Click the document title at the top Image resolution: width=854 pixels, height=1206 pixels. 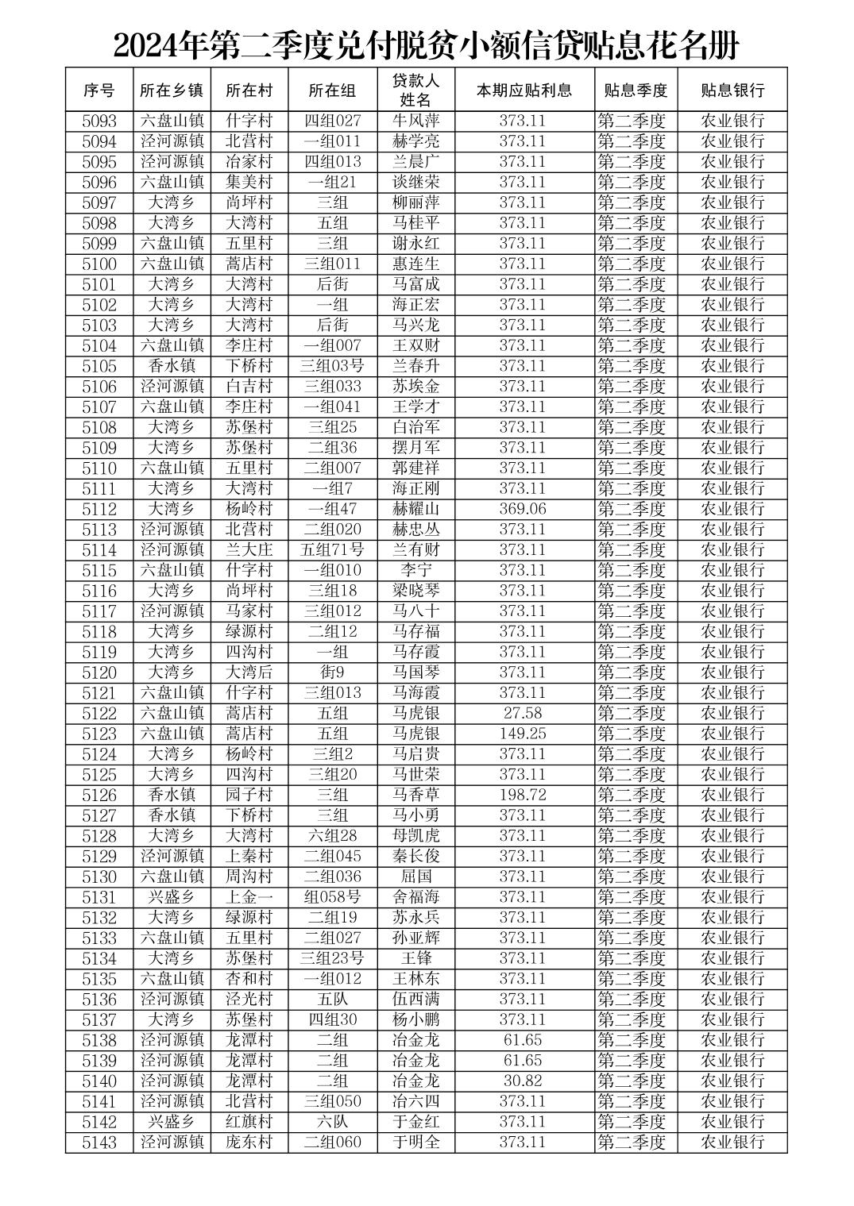pos(427,45)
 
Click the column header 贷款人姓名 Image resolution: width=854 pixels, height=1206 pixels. pos(415,90)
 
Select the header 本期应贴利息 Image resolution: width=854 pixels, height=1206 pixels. pos(524,90)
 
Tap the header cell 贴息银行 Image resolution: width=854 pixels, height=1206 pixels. pos(732,90)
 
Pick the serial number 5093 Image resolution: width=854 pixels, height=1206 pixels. pos(99,121)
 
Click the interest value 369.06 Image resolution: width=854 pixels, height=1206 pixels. pos(522,509)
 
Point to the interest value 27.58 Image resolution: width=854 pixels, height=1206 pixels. pos(522,713)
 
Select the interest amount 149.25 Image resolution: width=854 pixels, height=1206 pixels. pos(522,734)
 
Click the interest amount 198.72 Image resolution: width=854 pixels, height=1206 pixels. pos(522,795)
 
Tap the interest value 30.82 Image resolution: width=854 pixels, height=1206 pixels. pos(522,1081)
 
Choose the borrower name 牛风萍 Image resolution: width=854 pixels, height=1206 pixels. pos(415,121)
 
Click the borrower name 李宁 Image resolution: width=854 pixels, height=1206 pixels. pos(415,570)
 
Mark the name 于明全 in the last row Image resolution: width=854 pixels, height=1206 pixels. pos(415,1142)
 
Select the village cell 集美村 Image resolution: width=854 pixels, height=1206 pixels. pos(249,183)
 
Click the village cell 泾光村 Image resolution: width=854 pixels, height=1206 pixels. pos(249,999)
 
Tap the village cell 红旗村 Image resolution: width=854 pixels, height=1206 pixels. pos(249,1121)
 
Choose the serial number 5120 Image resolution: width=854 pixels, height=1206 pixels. pos(99,672)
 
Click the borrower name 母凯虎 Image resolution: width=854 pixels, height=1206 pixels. pos(415,835)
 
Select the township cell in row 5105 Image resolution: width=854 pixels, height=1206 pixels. pos(172,366)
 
